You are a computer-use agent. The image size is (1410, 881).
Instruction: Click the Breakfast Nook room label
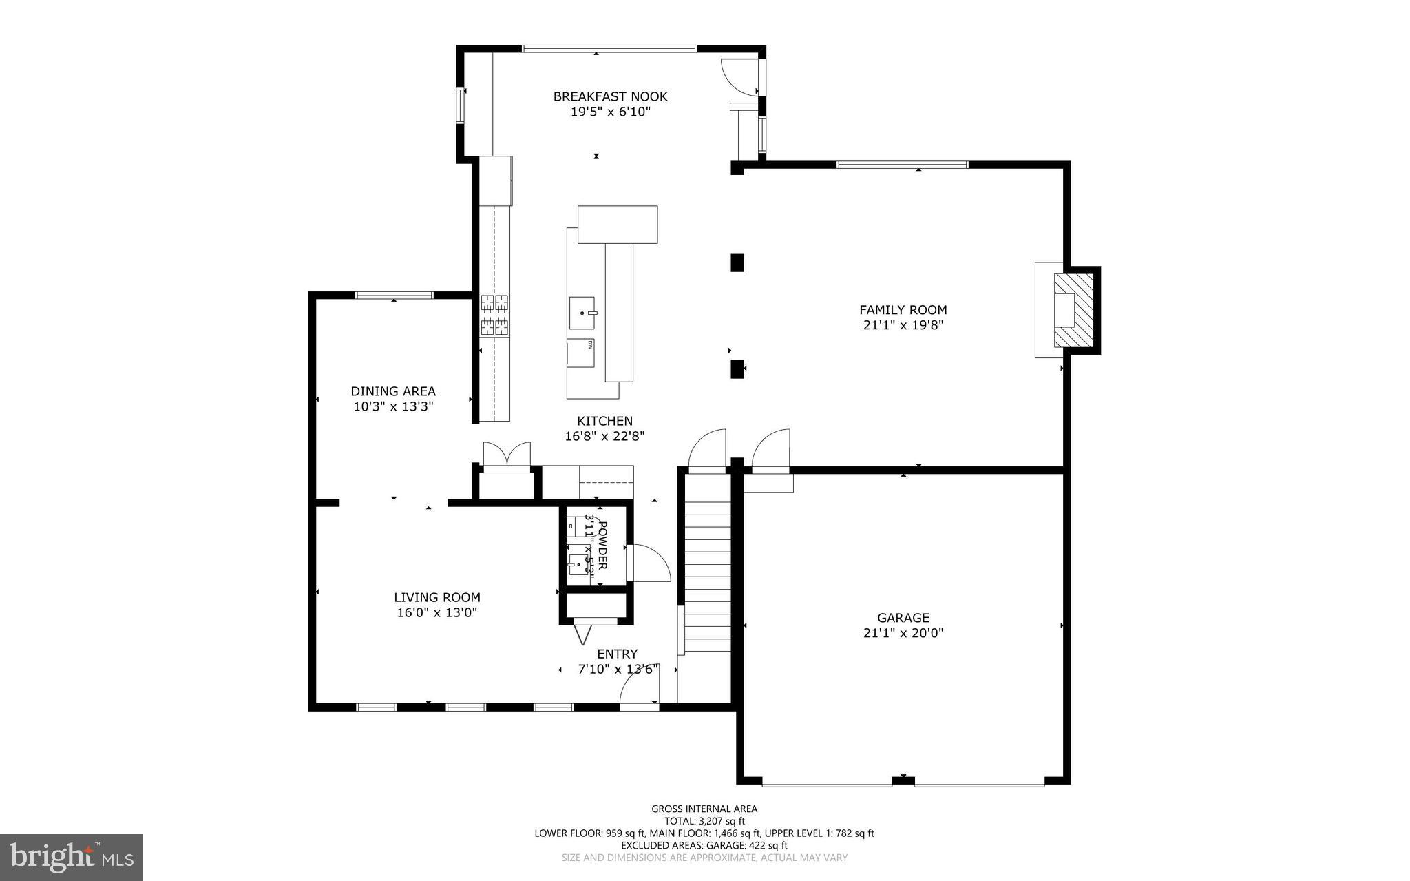click(610, 96)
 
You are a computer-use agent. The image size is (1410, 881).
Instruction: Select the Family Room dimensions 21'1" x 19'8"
click(903, 325)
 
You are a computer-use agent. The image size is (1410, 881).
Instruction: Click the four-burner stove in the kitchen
click(494, 315)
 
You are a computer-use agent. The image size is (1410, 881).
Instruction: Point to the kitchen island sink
click(582, 313)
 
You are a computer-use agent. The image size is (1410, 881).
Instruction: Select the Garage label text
click(903, 618)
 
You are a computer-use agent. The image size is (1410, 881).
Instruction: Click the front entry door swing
click(639, 689)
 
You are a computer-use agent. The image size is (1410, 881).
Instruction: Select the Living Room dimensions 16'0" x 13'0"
click(436, 613)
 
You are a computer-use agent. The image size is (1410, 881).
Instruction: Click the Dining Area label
click(393, 391)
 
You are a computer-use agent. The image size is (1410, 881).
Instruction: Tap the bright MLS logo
click(72, 857)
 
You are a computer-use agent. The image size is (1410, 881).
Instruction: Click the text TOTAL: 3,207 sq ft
click(704, 821)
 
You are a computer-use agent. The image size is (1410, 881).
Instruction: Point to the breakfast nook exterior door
click(740, 76)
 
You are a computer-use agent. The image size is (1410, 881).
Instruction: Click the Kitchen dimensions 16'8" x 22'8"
click(604, 436)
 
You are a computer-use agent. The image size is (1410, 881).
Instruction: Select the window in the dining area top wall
click(394, 296)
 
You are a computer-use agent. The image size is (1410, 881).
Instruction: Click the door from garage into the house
click(771, 451)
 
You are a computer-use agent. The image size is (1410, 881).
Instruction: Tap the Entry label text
click(617, 654)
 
